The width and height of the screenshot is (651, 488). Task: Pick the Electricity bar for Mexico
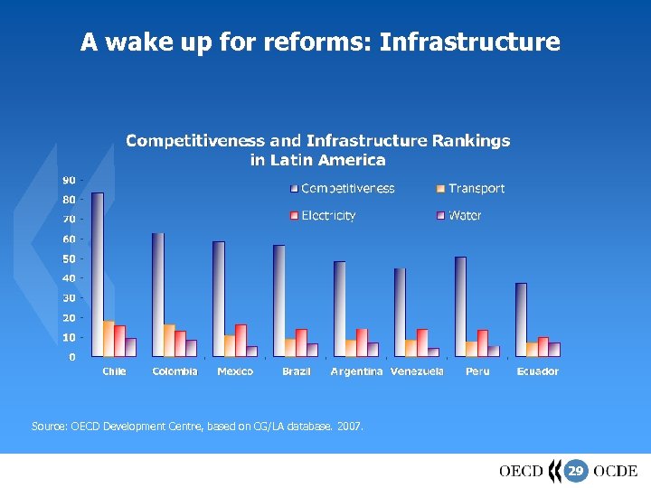coord(241,340)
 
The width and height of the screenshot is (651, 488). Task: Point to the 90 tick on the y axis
coord(69,180)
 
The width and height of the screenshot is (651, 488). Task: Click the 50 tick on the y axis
coord(69,258)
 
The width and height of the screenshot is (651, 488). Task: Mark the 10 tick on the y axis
coord(69,337)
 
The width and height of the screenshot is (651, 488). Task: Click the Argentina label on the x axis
coord(356,371)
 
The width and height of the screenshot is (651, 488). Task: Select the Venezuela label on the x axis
coord(417,371)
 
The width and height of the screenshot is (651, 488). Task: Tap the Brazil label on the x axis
coord(297,371)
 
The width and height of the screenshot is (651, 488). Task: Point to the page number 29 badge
coord(576,471)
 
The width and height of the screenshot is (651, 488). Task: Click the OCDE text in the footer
coord(616,471)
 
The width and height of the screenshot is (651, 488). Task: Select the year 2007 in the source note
coord(349,424)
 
